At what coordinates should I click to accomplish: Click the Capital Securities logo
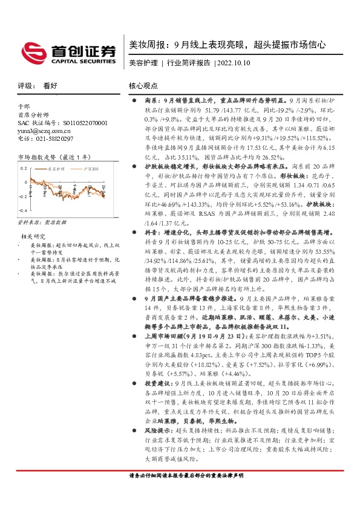[x=68, y=52]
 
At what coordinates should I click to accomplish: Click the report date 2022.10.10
[x=232, y=63]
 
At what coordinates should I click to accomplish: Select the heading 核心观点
[x=143, y=86]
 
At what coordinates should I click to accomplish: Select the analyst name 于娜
[x=24, y=106]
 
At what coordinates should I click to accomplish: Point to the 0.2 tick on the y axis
[x=25, y=167]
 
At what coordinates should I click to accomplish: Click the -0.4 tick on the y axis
[x=24, y=210]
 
